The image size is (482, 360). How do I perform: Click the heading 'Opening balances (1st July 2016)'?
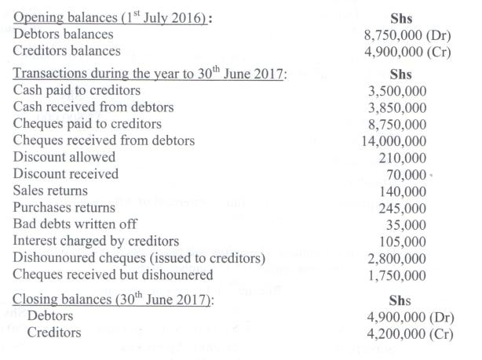click(111, 17)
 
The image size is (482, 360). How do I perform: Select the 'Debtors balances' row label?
click(64, 35)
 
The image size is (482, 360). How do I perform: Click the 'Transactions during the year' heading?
click(150, 75)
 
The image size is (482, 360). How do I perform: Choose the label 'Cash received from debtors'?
click(94, 107)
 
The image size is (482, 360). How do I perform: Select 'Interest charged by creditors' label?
click(97, 240)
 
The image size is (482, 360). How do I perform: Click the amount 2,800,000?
click(398, 258)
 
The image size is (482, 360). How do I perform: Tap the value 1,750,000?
click(398, 275)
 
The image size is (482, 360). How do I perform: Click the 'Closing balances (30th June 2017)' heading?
click(115, 299)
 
